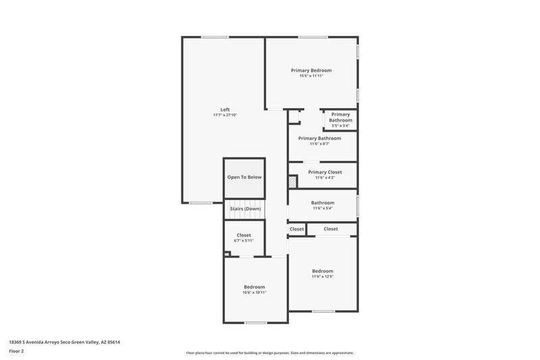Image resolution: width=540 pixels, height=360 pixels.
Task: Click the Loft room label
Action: click(225, 109)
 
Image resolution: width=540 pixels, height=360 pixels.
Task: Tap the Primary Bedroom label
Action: click(311, 70)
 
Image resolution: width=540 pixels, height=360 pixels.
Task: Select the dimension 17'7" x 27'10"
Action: click(225, 115)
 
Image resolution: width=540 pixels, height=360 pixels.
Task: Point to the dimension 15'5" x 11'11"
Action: click(311, 76)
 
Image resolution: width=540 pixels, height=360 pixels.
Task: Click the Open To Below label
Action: click(244, 177)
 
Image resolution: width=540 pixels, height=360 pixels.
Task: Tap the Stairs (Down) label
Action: click(244, 209)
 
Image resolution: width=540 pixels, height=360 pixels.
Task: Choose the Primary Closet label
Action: click(325, 172)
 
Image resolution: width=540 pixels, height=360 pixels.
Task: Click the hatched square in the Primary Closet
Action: click(292, 182)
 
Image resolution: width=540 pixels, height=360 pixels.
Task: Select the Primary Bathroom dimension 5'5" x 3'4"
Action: click(341, 126)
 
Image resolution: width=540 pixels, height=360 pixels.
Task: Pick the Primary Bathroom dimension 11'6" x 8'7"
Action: click(319, 144)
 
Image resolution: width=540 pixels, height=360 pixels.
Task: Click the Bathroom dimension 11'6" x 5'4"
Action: click(323, 208)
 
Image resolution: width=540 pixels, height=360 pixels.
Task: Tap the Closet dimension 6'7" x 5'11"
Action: click(244, 241)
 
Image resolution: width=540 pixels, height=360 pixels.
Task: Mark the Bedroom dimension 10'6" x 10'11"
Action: click(254, 292)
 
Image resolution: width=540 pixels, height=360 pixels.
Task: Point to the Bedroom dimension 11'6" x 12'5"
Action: click(323, 276)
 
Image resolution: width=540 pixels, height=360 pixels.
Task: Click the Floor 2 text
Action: click(17, 351)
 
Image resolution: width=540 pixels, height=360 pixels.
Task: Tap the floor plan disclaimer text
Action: click(269, 353)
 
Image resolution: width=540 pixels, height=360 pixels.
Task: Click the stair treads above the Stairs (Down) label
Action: click(244, 202)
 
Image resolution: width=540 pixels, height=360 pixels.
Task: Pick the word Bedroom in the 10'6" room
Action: click(254, 286)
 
